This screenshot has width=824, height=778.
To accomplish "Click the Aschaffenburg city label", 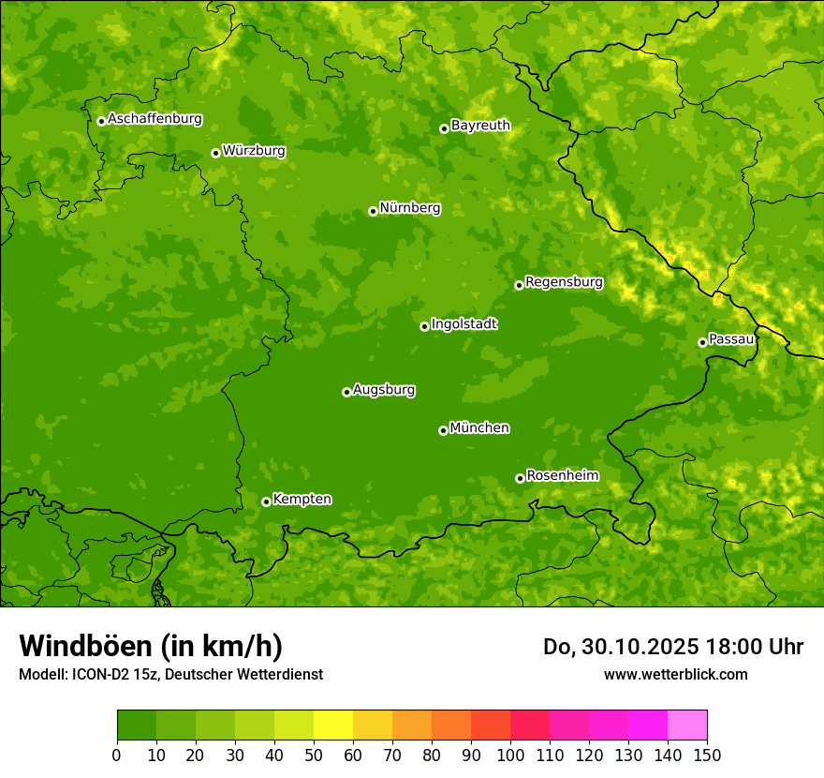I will coord(154,119).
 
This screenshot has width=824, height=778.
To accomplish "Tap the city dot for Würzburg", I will coord(215,153).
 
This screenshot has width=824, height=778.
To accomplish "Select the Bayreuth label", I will coord(480,126).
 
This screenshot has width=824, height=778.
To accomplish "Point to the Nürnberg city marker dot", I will coord(373,211).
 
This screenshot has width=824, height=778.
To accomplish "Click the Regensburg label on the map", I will coord(564,282).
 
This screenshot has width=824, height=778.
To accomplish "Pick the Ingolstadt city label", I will coord(463,324).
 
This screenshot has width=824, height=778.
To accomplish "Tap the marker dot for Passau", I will coord(702,342).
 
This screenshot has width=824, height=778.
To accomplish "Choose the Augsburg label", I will coord(384,390).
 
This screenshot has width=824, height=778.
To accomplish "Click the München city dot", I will coord(443,430).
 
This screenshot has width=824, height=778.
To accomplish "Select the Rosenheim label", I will coord(562,476).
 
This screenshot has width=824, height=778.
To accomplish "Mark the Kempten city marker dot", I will coord(266,501).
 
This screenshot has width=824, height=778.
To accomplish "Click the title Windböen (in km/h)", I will coord(151,646).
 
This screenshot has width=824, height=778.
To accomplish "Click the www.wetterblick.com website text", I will coord(675,674).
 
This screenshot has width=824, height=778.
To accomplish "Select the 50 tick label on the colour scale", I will coord(314,755).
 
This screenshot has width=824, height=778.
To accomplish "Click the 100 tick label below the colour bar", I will coord(510,755).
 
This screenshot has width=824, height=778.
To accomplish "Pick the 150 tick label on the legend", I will coord(707,755).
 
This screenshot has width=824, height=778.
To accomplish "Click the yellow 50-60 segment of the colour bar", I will coord(333,725).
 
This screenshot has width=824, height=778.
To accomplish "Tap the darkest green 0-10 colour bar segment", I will coord(137,725).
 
